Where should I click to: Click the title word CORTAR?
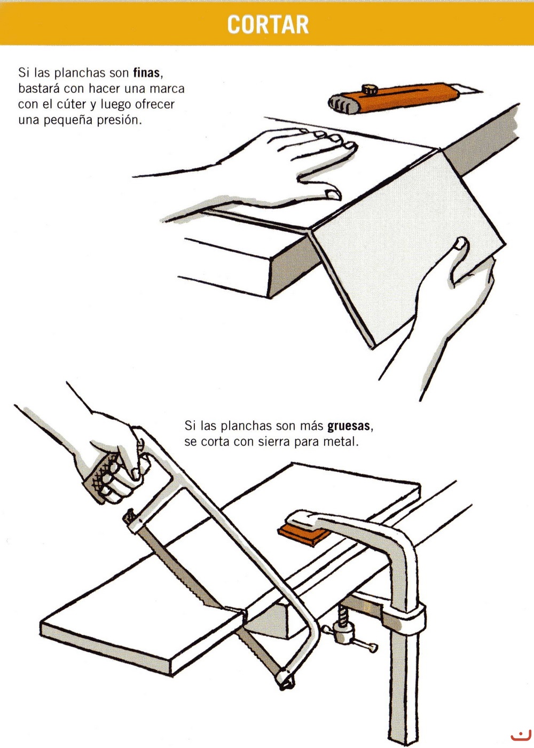(x=268, y=24)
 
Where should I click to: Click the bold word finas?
(x=146, y=73)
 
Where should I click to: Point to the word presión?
(x=119, y=120)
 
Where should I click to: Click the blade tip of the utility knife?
(x=482, y=90)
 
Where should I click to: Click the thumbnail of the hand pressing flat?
(x=332, y=194)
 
